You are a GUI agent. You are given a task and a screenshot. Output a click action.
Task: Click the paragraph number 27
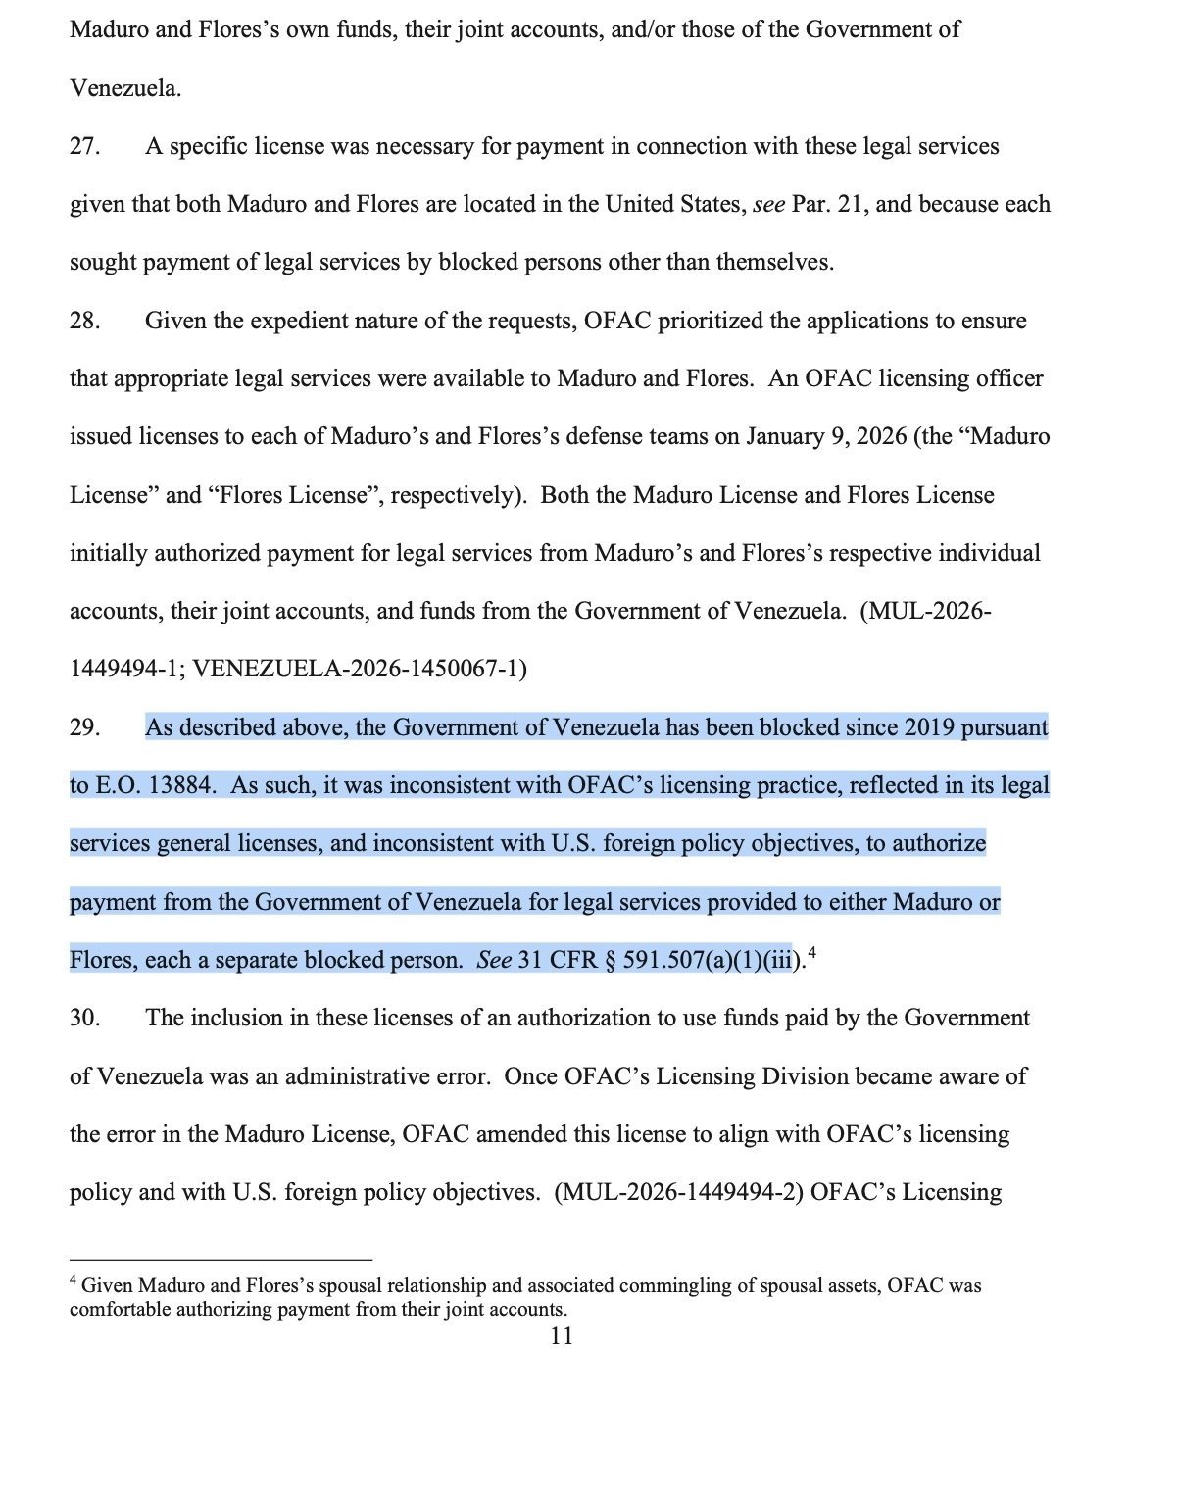tap(83, 147)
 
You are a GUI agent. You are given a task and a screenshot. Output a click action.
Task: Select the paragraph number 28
tap(83, 322)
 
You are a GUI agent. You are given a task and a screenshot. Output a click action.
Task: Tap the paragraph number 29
tap(83, 728)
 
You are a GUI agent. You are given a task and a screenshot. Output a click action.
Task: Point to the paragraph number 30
tap(83, 1019)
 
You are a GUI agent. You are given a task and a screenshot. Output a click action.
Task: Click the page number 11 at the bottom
tap(562, 1336)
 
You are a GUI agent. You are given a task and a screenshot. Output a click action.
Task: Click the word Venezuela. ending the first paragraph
tap(125, 89)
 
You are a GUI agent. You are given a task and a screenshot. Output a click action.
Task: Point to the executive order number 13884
tap(174, 786)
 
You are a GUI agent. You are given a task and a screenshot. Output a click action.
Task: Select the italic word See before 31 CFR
tap(494, 961)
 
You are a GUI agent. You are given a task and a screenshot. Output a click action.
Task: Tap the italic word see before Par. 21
tap(768, 205)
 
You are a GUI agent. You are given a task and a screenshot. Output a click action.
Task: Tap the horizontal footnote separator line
tap(221, 1259)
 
